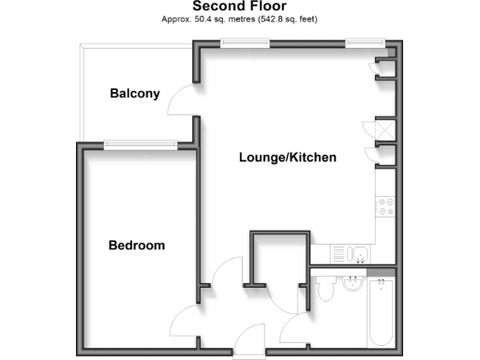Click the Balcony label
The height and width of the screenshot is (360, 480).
135,94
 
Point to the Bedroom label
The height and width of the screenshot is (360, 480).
137,246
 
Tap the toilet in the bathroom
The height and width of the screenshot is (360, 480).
323,292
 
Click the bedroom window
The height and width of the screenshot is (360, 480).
140,143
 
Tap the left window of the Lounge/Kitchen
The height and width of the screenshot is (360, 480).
235,41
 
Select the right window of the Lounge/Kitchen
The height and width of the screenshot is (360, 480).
360,41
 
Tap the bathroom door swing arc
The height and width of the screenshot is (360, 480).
292,323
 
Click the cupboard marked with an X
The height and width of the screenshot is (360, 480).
384,128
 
